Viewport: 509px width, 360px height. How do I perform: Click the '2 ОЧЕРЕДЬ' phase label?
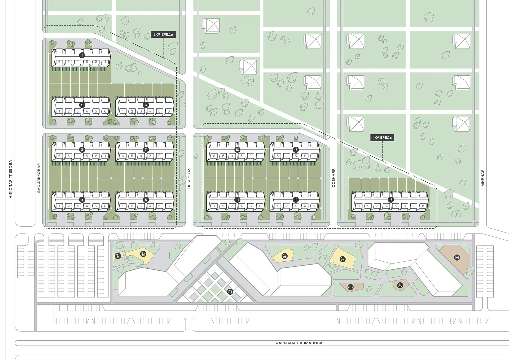pos(163,35)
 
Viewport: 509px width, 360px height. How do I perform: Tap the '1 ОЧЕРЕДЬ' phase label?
pos(382,137)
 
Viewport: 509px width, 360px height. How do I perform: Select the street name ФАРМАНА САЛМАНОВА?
pos(299,343)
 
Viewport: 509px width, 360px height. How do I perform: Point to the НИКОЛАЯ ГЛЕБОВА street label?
pos(10,179)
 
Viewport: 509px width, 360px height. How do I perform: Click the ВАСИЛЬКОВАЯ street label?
pos(39,178)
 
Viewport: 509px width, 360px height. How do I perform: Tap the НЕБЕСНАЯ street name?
pos(189,178)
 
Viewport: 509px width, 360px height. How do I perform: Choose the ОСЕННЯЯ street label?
pos(334,178)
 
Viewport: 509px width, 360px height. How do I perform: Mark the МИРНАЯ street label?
pos(483,178)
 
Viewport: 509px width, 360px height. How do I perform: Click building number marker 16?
pos(391,200)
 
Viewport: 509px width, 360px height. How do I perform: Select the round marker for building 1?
pos(82,55)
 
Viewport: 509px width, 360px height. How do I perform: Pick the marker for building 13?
pos(296,150)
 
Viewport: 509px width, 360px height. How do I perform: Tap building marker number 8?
pos(146,200)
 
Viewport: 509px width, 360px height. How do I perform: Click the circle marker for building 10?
pos(237,150)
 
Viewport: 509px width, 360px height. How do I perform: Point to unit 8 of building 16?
pos(423,206)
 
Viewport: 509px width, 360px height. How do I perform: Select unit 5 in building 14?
pos(314,206)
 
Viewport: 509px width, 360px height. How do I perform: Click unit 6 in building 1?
pos(60,62)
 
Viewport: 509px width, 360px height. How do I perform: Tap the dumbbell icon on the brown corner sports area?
pos(457,257)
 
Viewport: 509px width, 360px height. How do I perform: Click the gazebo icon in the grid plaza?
pos(230,292)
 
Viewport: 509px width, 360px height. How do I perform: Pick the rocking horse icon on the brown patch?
pos(400,285)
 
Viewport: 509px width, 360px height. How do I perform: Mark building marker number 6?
pos(146,105)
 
